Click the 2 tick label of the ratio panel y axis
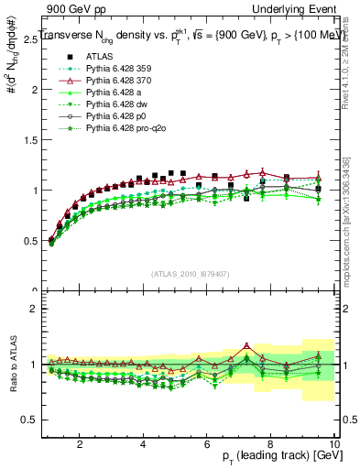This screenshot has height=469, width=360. [x=33, y=309]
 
